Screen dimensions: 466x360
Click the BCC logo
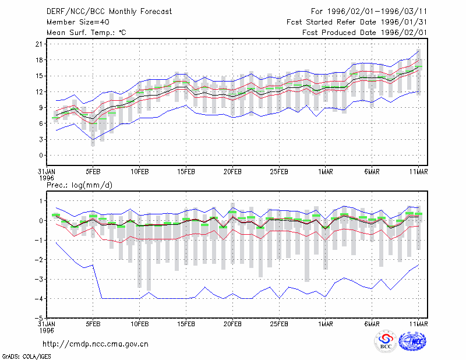click(x=386, y=342)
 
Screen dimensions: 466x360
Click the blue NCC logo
click(x=412, y=341)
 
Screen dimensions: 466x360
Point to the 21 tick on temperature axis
click(x=39, y=44)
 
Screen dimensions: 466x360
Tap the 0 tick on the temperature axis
click(x=41, y=156)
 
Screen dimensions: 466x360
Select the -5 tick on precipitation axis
click(x=38, y=318)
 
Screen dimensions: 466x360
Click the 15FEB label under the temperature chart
click(x=186, y=172)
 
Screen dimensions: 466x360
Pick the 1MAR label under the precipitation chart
click(x=326, y=324)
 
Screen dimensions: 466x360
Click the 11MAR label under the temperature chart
click(x=418, y=172)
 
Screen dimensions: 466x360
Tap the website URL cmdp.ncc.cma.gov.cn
click(x=96, y=344)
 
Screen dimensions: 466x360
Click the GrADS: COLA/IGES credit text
click(x=26, y=357)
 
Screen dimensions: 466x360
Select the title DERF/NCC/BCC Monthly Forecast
click(x=109, y=12)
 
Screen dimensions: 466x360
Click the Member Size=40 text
click(x=78, y=22)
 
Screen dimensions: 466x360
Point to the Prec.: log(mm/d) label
click(x=79, y=185)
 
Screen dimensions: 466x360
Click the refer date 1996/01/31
click(x=404, y=22)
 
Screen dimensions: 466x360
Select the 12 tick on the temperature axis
click(x=39, y=92)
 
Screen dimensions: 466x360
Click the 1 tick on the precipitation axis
click(x=41, y=201)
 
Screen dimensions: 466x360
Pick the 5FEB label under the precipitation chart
click(x=93, y=324)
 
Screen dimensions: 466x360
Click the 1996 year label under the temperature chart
click(x=47, y=178)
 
